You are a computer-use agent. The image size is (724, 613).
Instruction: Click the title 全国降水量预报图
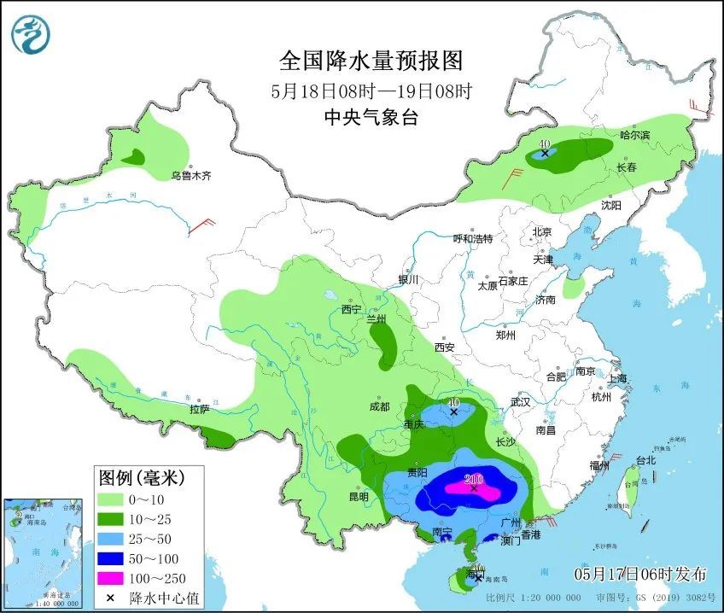(371, 61)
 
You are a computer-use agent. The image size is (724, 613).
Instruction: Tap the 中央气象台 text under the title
(371, 118)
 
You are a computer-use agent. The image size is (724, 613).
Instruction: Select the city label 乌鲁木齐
(190, 176)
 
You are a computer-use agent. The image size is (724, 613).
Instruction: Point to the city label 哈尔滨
(634, 136)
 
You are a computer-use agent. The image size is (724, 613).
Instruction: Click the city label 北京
(542, 232)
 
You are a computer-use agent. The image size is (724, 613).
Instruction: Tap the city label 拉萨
(200, 409)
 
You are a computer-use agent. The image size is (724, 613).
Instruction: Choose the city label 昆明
(359, 497)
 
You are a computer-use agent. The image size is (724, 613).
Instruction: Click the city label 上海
(616, 378)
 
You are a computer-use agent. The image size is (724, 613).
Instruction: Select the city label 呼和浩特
(473, 239)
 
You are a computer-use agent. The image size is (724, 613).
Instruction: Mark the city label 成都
(379, 407)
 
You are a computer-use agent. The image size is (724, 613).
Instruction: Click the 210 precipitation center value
(474, 478)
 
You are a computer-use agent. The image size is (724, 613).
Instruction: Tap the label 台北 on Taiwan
(645, 460)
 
